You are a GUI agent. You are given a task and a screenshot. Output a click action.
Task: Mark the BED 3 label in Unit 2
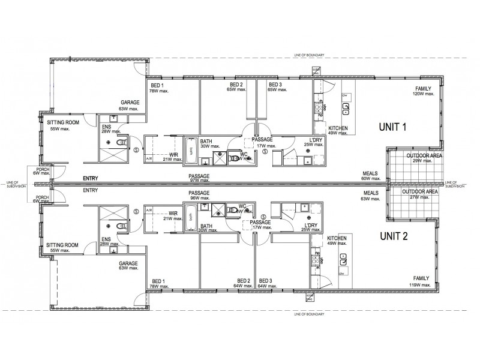point(266,283)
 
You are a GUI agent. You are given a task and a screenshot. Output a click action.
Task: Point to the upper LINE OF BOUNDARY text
point(310,55)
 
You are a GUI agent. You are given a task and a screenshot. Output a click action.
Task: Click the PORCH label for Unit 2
point(43,199)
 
